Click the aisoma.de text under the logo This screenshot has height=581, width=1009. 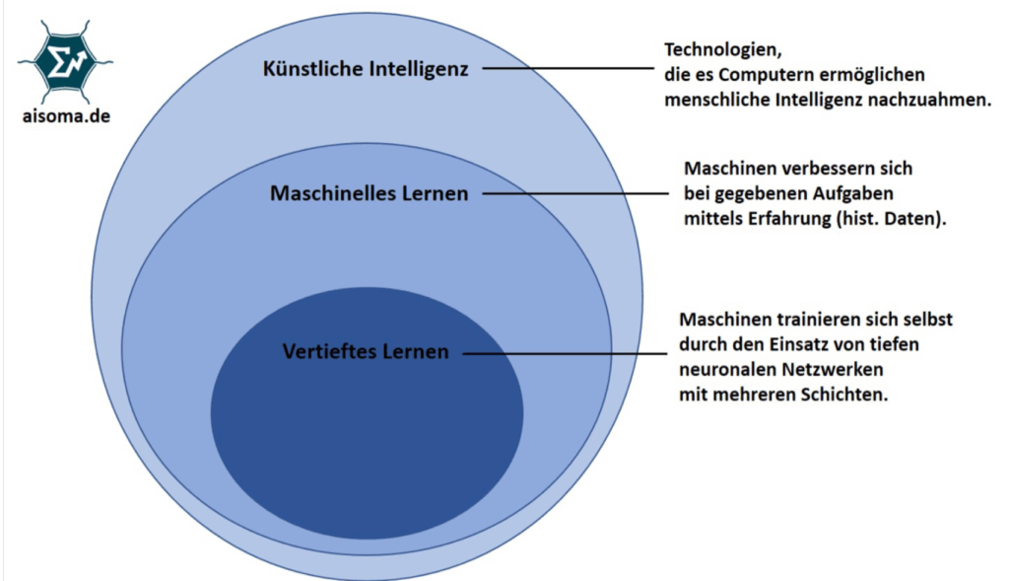(x=64, y=114)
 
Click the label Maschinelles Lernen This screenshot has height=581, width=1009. (x=369, y=193)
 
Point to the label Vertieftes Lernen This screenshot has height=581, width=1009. (x=365, y=351)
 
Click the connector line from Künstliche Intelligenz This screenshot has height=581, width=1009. (x=566, y=69)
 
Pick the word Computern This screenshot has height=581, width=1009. (x=769, y=75)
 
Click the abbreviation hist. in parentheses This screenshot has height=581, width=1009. (x=859, y=220)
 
